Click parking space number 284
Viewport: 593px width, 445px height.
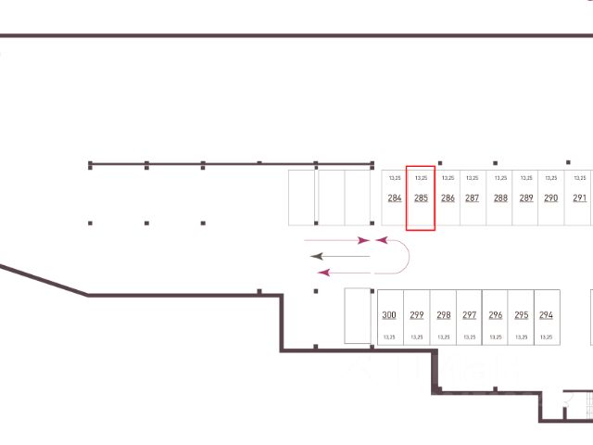(x=395, y=198)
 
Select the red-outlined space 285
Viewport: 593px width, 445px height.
(x=421, y=198)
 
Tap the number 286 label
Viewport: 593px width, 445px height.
(x=448, y=198)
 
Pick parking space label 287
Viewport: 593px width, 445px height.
(x=473, y=198)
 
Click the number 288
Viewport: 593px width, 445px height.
(x=500, y=198)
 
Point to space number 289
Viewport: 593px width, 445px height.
(x=526, y=198)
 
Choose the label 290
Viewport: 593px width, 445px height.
(x=551, y=198)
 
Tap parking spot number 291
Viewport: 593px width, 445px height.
(x=579, y=198)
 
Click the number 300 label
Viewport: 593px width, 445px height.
(x=389, y=315)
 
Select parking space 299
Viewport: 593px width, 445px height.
(x=417, y=315)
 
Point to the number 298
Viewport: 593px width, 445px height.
(x=444, y=315)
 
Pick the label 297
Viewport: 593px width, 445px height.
(x=470, y=315)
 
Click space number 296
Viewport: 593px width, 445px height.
(x=496, y=315)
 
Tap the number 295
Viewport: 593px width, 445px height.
(x=522, y=315)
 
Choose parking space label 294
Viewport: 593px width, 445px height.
(x=546, y=315)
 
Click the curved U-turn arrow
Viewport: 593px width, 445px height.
(x=400, y=256)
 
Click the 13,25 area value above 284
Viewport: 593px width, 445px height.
(x=395, y=177)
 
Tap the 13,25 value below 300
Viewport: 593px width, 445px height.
(x=389, y=337)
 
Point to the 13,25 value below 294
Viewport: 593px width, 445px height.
(x=546, y=337)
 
